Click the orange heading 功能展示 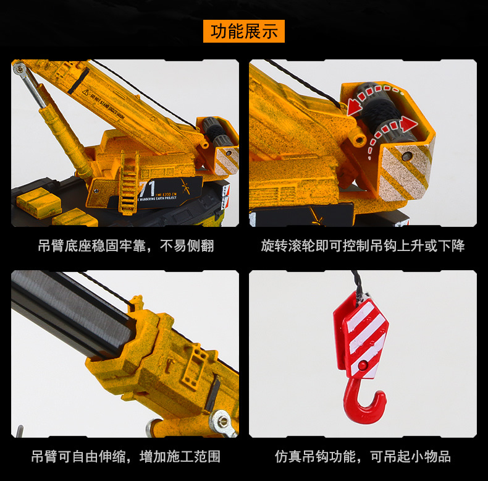pyautogui.click(x=244, y=31)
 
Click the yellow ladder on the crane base pyautogui.click(x=128, y=179)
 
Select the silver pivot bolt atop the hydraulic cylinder pyautogui.click(x=20, y=69)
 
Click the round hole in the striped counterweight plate pyautogui.click(x=406, y=157)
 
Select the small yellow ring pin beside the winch pyautogui.click(x=359, y=140)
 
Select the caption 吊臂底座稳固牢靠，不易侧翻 pyautogui.click(x=125, y=246)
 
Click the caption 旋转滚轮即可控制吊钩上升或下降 pyautogui.click(x=363, y=246)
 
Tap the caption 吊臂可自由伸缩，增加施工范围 pyautogui.click(x=125, y=457)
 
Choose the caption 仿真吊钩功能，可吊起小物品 pyautogui.click(x=363, y=457)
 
